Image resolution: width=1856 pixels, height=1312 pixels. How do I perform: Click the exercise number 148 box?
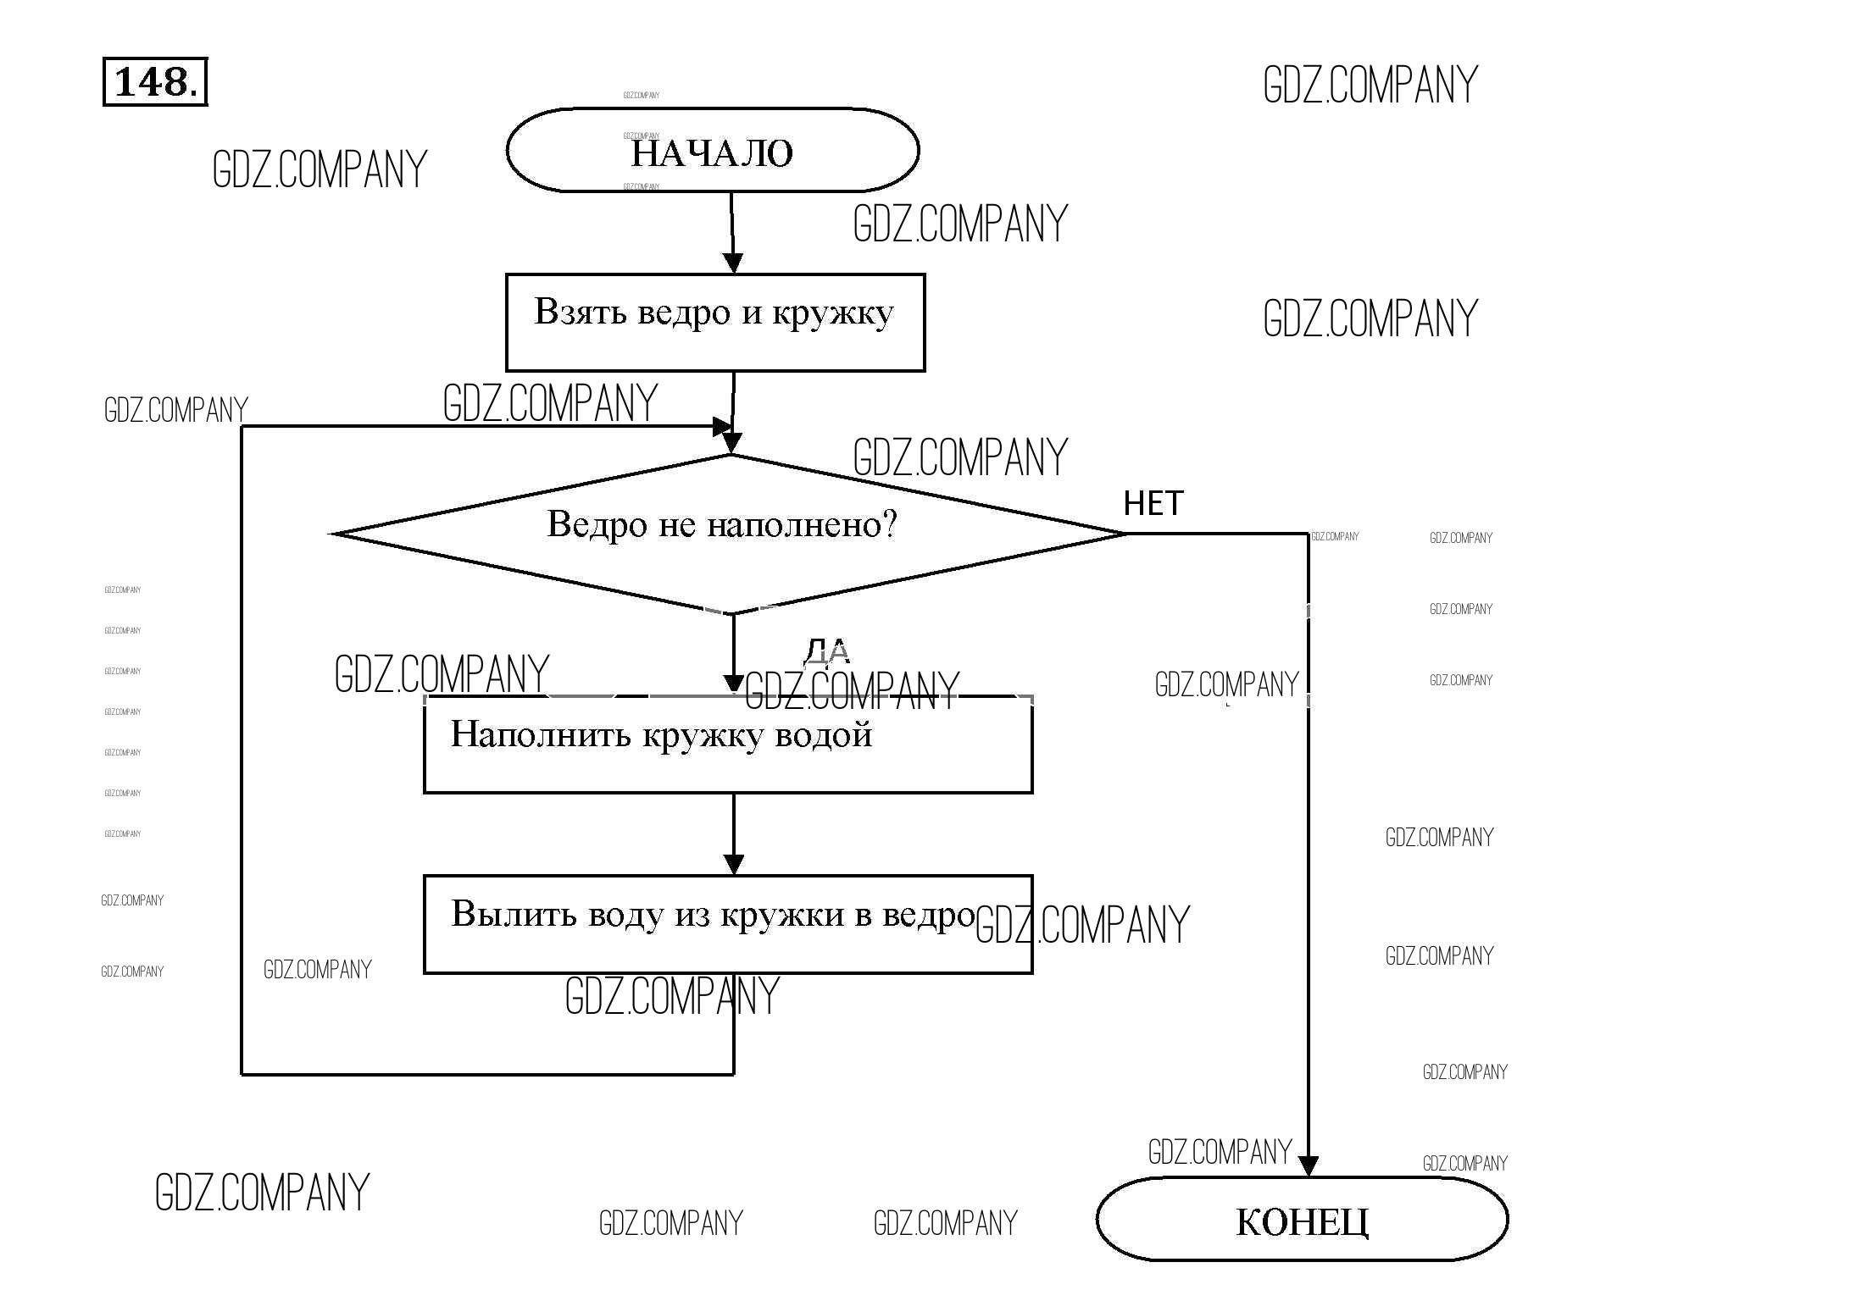[155, 82]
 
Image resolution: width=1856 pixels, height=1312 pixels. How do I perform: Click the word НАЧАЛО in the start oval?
[712, 153]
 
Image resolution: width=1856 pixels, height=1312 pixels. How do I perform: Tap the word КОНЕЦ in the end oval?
[1302, 1221]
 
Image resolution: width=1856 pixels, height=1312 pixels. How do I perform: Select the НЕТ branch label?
[1153, 503]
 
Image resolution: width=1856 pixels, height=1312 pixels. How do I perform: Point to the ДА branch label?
[826, 650]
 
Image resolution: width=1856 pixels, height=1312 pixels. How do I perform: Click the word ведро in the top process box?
[683, 313]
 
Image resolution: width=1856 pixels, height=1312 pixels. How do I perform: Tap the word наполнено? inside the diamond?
[802, 524]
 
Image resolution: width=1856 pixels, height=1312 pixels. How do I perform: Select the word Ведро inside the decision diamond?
[597, 525]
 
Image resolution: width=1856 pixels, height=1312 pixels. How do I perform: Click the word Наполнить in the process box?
[541, 734]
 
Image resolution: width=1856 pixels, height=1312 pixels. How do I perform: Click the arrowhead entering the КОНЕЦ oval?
[1308, 1166]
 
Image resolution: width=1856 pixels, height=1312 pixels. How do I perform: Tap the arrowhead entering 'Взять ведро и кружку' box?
[733, 263]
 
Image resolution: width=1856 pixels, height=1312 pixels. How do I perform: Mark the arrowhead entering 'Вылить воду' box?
[734, 865]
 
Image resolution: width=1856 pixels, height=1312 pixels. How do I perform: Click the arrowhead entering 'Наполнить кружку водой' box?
[734, 684]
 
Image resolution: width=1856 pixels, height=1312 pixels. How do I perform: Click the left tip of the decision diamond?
[334, 534]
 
